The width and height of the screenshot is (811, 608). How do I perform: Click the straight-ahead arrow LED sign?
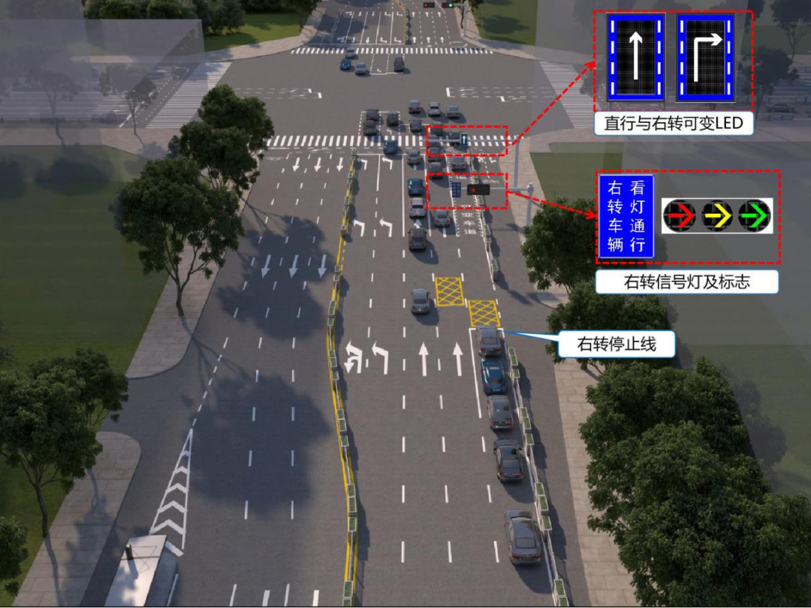coord(636,57)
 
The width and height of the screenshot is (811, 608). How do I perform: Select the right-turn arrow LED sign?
coord(705,57)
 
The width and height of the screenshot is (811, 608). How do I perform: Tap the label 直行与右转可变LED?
coord(674,124)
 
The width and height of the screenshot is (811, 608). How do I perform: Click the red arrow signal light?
coord(680,215)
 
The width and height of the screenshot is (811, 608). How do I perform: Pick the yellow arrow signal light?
coord(717,215)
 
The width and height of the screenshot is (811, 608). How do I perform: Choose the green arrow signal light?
coord(754,215)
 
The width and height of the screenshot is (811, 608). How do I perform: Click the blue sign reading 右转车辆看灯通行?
coord(626,216)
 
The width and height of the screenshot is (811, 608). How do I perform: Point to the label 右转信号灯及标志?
coord(686,282)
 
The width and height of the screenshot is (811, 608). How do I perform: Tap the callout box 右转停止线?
coord(617,344)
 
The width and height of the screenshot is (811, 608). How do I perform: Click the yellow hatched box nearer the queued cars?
coord(484,313)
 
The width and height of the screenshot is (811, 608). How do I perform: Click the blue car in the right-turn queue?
coord(494,376)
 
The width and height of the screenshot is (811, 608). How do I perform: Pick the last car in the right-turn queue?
coord(523,537)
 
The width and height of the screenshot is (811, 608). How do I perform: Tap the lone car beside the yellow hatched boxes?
coord(421,302)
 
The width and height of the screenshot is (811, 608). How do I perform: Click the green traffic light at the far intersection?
coord(450,5)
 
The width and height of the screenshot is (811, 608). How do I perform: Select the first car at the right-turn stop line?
coord(490,341)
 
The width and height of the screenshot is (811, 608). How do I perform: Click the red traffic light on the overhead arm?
coord(478,190)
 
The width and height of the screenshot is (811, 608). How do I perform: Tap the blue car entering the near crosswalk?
coord(390,147)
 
